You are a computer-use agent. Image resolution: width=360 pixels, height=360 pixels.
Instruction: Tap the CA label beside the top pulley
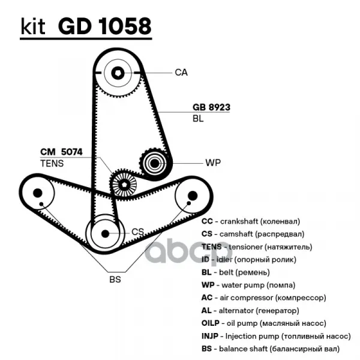coord(181,73)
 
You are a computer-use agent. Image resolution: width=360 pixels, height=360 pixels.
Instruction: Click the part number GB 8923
coord(211,107)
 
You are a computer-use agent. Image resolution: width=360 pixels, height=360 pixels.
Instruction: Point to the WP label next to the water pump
coord(213,163)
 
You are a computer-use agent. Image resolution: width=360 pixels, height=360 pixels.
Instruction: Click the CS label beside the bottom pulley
coord(137,232)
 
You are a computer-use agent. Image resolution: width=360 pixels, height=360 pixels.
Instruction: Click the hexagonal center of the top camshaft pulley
coord(118,73)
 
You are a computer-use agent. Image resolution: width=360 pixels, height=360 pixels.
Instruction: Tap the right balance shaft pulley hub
coord(192,196)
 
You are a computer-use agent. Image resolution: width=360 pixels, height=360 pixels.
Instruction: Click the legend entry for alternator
coord(250,311)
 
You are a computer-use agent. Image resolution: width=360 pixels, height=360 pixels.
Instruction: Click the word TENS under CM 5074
coord(51,163)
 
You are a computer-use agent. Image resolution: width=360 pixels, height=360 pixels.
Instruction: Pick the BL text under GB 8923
coord(198,119)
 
